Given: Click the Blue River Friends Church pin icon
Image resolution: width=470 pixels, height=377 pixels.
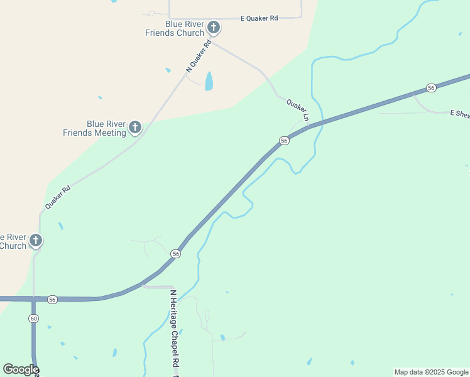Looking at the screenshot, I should [214, 27].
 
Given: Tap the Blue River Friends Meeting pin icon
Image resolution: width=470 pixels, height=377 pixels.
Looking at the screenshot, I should [134, 128].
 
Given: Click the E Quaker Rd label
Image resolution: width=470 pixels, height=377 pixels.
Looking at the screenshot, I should [259, 19].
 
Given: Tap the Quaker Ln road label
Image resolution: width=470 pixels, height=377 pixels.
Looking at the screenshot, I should [298, 109].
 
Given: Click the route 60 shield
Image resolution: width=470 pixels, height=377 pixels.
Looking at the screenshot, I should [33, 319].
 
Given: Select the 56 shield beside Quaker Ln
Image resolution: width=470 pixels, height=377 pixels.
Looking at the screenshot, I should [285, 141].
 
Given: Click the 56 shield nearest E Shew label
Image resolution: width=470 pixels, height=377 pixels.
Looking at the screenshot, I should [431, 88].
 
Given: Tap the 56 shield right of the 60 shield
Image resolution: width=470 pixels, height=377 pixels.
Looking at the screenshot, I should [52, 300].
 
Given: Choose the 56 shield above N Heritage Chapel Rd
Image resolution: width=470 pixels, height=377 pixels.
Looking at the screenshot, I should [176, 254].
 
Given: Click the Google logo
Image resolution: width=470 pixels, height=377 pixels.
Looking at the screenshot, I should [21, 369].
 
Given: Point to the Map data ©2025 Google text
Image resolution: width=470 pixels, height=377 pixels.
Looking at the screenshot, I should [432, 372].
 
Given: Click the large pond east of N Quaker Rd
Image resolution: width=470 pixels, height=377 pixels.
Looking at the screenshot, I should [209, 81].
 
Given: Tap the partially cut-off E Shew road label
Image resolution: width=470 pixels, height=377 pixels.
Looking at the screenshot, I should [459, 113].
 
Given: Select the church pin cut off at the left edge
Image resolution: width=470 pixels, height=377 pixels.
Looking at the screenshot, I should [36, 240].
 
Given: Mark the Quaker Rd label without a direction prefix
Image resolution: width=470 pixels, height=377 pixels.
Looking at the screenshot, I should [57, 197].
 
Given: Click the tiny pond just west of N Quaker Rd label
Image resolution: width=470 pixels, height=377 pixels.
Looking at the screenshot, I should [168, 70].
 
